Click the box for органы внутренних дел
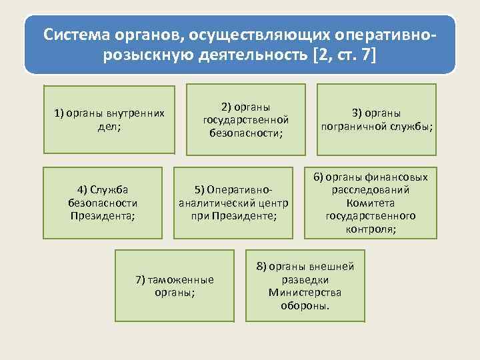coord(109,119)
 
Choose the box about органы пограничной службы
coord(376,119)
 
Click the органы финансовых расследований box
coord(371,203)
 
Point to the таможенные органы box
coord(175,285)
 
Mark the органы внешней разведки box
coord(306,286)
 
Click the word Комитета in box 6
coord(371,203)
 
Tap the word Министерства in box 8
coord(305,293)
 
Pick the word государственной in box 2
coord(245,120)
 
